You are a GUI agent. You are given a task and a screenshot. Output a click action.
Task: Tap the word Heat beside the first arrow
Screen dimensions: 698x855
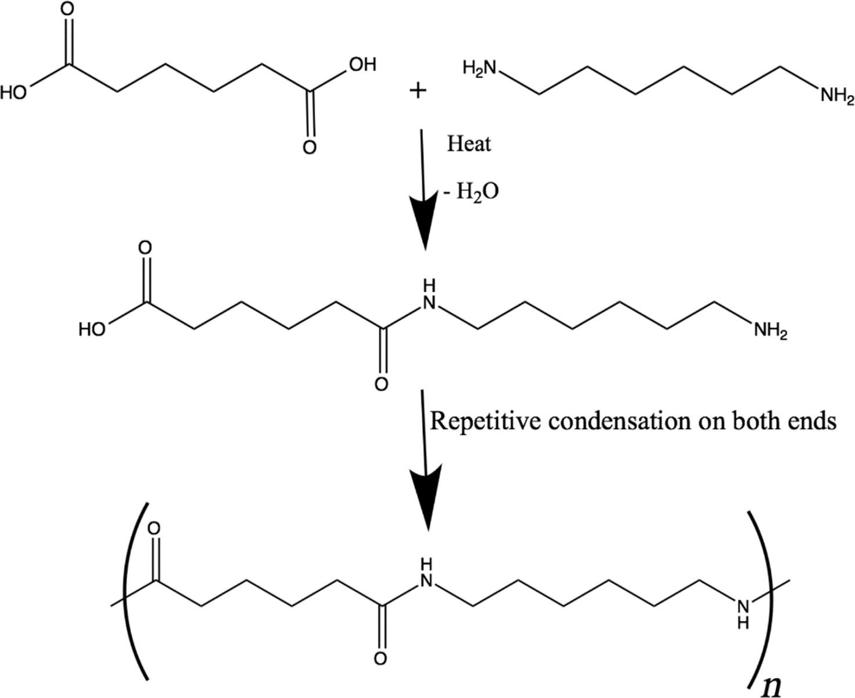pos(469,144)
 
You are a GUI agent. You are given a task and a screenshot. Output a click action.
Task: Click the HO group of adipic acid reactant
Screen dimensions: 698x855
pos(15,92)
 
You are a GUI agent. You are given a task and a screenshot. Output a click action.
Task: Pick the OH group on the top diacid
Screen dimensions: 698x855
pos(362,64)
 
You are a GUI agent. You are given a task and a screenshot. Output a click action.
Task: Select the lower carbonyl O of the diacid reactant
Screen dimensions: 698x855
pos(310,147)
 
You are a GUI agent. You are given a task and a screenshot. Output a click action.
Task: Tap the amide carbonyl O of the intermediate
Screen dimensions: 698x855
pos(381,384)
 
